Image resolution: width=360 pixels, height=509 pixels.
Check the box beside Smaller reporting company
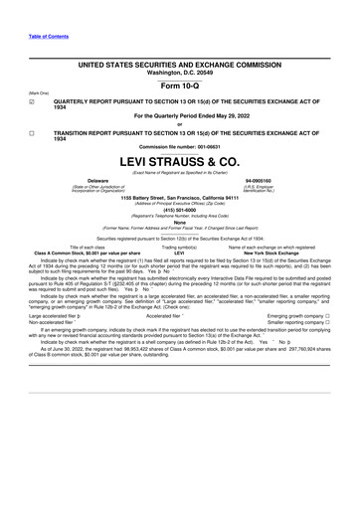click(x=328, y=350)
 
